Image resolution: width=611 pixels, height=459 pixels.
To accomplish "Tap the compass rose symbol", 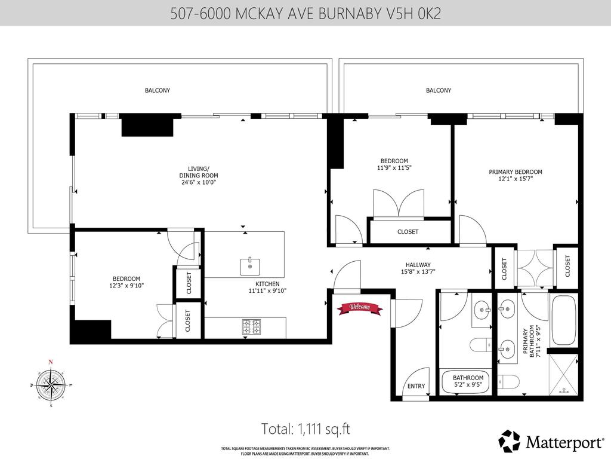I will click(x=51, y=384).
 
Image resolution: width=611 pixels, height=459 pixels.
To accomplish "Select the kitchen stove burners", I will click(x=251, y=327).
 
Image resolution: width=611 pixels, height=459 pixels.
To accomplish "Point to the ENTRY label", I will click(x=416, y=386).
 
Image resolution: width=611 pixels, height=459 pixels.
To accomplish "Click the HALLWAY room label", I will click(x=418, y=265).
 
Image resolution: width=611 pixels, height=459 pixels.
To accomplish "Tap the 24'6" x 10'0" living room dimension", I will click(x=198, y=183).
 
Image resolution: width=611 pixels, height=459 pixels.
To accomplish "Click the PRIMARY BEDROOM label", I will click(x=515, y=172).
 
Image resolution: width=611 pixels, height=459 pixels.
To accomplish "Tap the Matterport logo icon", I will click(x=510, y=441).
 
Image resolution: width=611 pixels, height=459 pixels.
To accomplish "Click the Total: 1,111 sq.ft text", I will click(x=305, y=429).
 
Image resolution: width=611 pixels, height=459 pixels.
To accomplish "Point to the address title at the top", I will click(x=305, y=13).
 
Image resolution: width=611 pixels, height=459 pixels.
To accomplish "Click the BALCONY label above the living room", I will click(x=158, y=90).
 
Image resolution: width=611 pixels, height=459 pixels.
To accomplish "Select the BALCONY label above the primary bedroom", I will click(x=439, y=90).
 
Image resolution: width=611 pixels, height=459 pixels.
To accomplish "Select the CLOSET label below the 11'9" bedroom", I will click(x=408, y=232).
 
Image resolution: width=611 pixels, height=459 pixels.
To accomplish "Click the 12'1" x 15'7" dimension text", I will click(x=515, y=179).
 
